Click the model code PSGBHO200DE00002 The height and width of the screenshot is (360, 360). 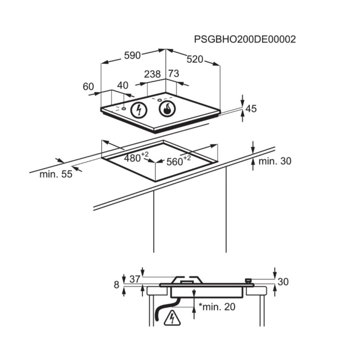245,40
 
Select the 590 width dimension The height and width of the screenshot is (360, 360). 132,55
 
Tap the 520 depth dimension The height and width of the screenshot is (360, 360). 195,59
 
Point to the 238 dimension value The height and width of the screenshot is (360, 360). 152,74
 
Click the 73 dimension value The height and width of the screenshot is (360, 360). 174,73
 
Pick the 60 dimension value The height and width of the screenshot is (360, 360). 89,86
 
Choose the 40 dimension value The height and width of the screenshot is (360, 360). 123,85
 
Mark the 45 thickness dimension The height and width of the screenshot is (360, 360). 251,109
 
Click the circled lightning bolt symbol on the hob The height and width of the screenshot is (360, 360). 139,110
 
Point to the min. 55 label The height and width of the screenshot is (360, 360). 56,174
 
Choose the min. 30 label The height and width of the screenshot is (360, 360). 275,161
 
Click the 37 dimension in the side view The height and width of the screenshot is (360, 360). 135,279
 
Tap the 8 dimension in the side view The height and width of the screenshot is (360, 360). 117,285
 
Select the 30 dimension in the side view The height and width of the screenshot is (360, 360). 283,282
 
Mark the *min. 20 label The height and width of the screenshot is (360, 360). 217,307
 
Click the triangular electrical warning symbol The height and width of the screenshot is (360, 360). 172,318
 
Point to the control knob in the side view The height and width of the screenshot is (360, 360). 248,280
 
